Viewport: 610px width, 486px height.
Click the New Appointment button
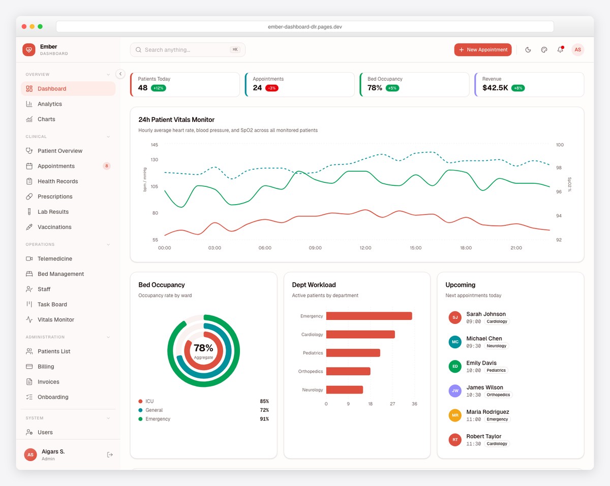[482, 50]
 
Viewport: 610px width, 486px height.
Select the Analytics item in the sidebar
[49, 104]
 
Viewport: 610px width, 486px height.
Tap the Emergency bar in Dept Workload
[369, 316]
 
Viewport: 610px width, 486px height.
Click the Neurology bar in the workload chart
[344, 390]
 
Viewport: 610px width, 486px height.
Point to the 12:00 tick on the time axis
[365, 248]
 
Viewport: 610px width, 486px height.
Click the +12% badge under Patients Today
[158, 88]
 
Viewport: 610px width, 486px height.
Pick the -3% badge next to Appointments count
[271, 88]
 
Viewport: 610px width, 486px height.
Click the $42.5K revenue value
[495, 88]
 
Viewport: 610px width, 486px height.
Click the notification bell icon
[560, 50]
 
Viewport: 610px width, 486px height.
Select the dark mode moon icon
[528, 50]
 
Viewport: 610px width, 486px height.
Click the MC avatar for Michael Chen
[455, 342]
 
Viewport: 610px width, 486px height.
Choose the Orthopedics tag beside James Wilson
[498, 395]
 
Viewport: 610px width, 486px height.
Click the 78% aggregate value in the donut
[203, 348]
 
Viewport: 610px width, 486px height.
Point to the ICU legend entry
[149, 401]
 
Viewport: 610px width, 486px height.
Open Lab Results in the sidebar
[53, 212]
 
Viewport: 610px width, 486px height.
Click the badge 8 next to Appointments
[106, 166]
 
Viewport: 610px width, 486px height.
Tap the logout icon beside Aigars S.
[110, 455]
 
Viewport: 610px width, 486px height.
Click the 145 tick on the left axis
[154, 145]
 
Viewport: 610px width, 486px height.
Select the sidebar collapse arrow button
[120, 74]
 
